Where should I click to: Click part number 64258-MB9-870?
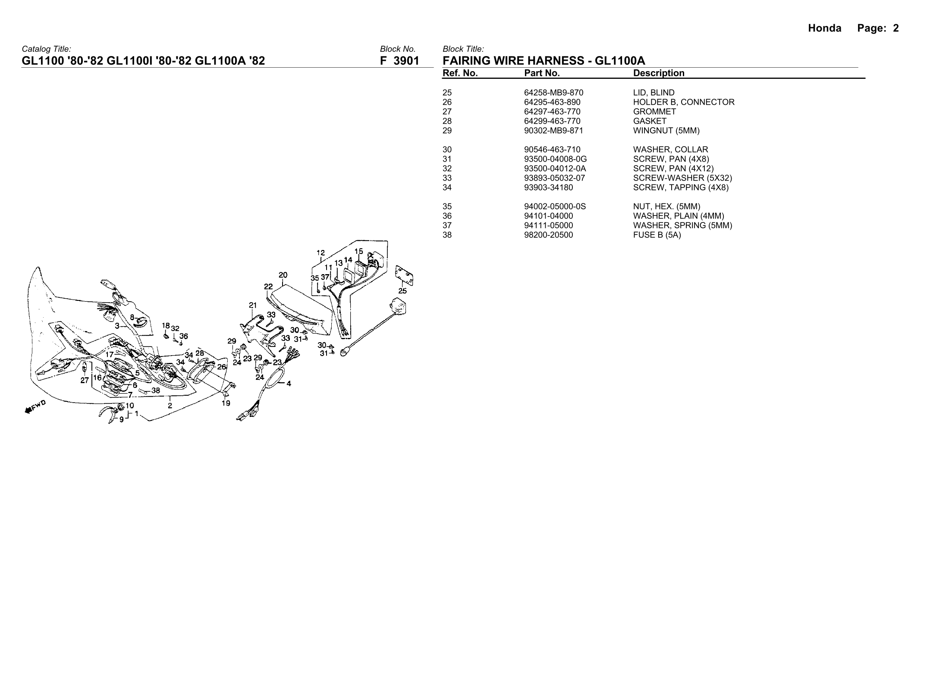pos(553,93)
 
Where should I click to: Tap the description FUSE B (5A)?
pos(657,235)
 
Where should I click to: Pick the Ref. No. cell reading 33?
pos(447,178)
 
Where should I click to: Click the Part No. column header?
pos(542,73)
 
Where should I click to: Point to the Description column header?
pos(658,73)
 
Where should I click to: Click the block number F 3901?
pos(399,61)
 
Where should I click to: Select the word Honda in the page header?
pos(824,28)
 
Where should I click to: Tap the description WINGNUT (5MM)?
pos(666,131)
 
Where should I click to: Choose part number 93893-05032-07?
pos(554,178)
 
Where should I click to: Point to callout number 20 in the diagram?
pos(283,275)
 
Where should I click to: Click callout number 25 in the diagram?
pos(402,291)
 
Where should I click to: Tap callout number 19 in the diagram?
pos(226,403)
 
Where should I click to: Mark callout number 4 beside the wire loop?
pos(289,383)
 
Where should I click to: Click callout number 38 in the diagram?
pos(156,391)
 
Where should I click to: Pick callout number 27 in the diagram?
pos(85,380)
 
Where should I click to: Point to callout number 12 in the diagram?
pos(321,253)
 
